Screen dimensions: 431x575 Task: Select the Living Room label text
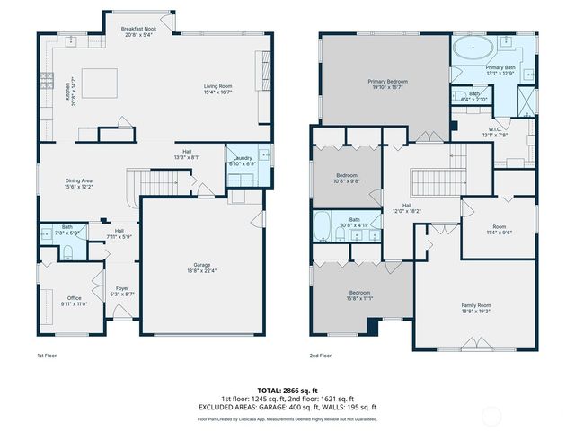tap(217, 88)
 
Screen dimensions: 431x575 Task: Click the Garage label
tap(200, 267)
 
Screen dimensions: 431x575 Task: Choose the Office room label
tap(75, 301)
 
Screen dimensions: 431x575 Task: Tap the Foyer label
tap(122, 290)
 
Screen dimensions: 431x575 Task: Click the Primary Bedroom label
tap(387, 84)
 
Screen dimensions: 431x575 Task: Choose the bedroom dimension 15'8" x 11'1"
tap(359, 298)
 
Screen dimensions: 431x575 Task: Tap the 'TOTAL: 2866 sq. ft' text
tap(287, 391)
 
